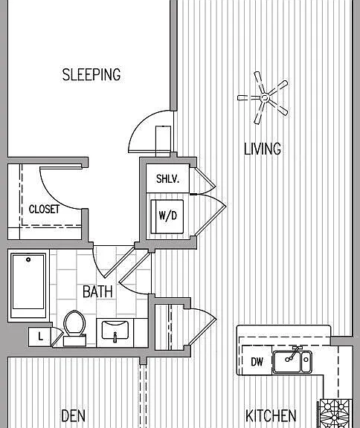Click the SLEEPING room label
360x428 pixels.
(x=91, y=74)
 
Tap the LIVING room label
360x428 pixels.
(x=263, y=149)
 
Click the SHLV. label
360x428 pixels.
(x=167, y=179)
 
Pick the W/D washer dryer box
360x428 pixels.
(x=167, y=217)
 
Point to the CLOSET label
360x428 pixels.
(x=44, y=210)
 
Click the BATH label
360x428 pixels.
(x=97, y=291)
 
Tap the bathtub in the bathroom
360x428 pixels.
(x=28, y=285)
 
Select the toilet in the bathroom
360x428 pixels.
(x=74, y=328)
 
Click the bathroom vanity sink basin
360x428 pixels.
(x=115, y=330)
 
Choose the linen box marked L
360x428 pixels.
(x=39, y=337)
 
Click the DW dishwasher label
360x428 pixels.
(x=257, y=362)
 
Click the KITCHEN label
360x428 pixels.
(x=271, y=415)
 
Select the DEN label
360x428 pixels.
(x=73, y=415)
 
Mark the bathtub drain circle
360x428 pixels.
(x=28, y=259)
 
